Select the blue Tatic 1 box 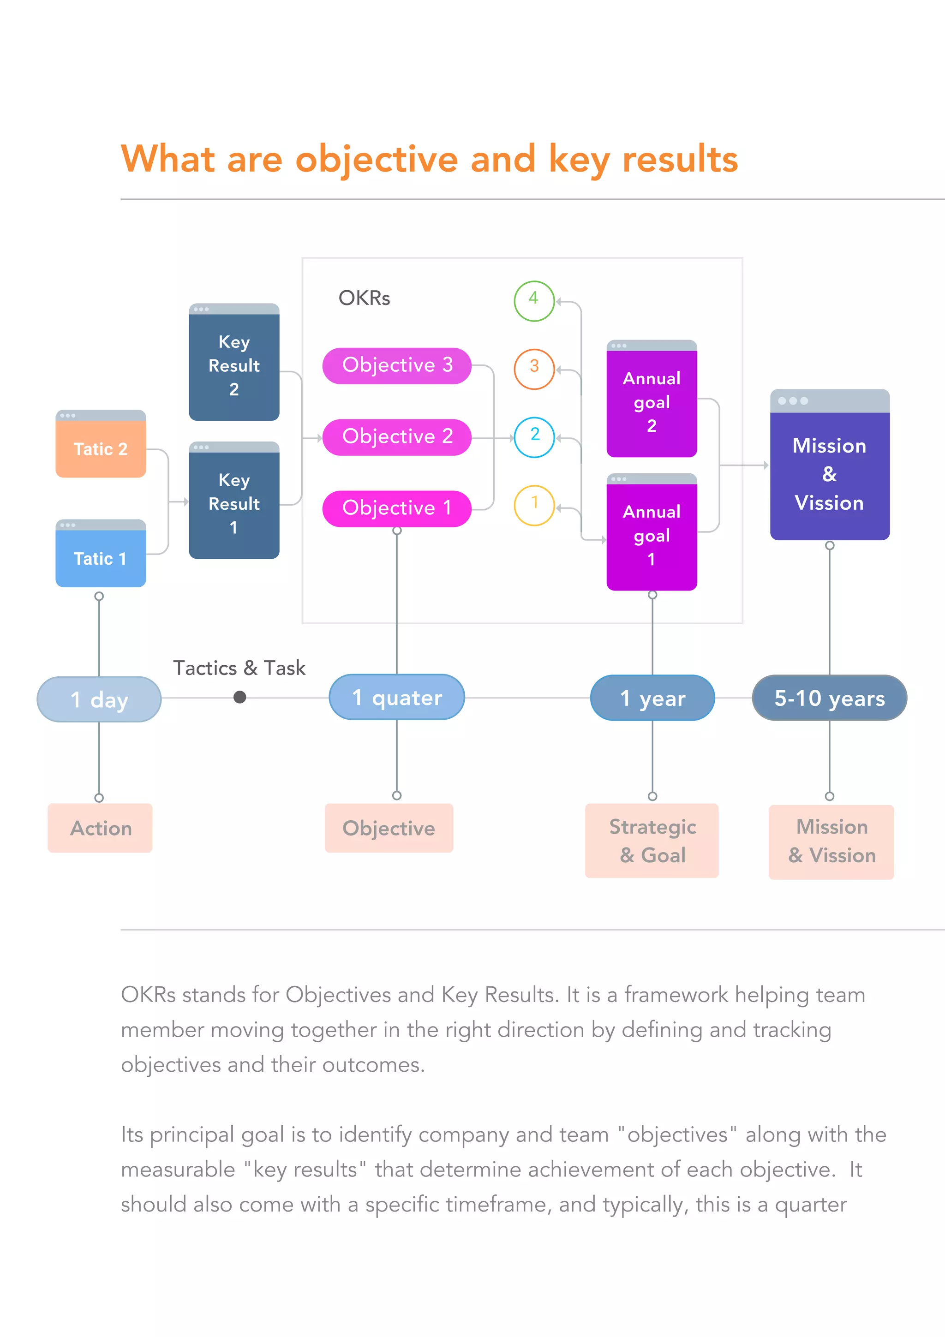pyautogui.click(x=100, y=555)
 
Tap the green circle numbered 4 pyautogui.click(x=533, y=300)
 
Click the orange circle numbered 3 pyautogui.click(x=533, y=369)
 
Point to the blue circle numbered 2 pyautogui.click(x=533, y=437)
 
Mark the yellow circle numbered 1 pyautogui.click(x=533, y=505)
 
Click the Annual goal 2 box pyautogui.click(x=652, y=400)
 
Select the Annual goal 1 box pyautogui.click(x=652, y=533)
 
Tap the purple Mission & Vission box pyautogui.click(x=829, y=466)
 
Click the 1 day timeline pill pyautogui.click(x=99, y=699)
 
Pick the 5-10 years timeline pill pyautogui.click(x=829, y=698)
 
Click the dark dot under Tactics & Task pyautogui.click(x=239, y=697)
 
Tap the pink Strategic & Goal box pyautogui.click(x=652, y=840)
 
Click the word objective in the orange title pyautogui.click(x=377, y=160)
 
